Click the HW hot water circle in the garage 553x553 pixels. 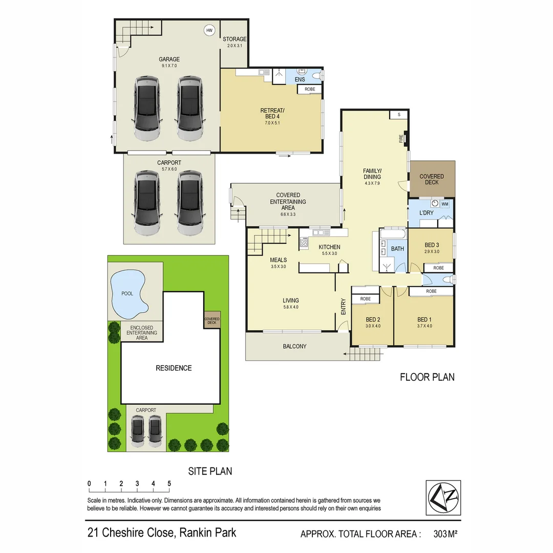tap(209, 31)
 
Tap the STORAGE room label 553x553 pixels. tap(235, 39)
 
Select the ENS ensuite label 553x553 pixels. tap(300, 79)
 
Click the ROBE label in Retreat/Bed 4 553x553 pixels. tap(310, 89)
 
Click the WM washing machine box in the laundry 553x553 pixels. tap(444, 204)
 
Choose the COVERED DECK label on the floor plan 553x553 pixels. tap(432, 179)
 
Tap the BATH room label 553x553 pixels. tap(397, 249)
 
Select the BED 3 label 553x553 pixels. tap(432, 245)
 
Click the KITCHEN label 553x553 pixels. tap(329, 247)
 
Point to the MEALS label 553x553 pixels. tap(279, 260)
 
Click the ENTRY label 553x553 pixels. tap(344, 306)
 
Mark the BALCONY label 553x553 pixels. tap(294, 347)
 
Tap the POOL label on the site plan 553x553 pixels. tap(127, 293)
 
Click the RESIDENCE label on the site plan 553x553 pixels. tap(174, 368)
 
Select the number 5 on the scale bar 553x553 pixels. tap(169, 483)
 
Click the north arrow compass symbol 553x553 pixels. tap(443, 498)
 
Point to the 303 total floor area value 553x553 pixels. tap(440, 534)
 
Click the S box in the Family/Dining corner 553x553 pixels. tap(398, 115)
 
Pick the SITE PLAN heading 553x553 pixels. tap(210, 471)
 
